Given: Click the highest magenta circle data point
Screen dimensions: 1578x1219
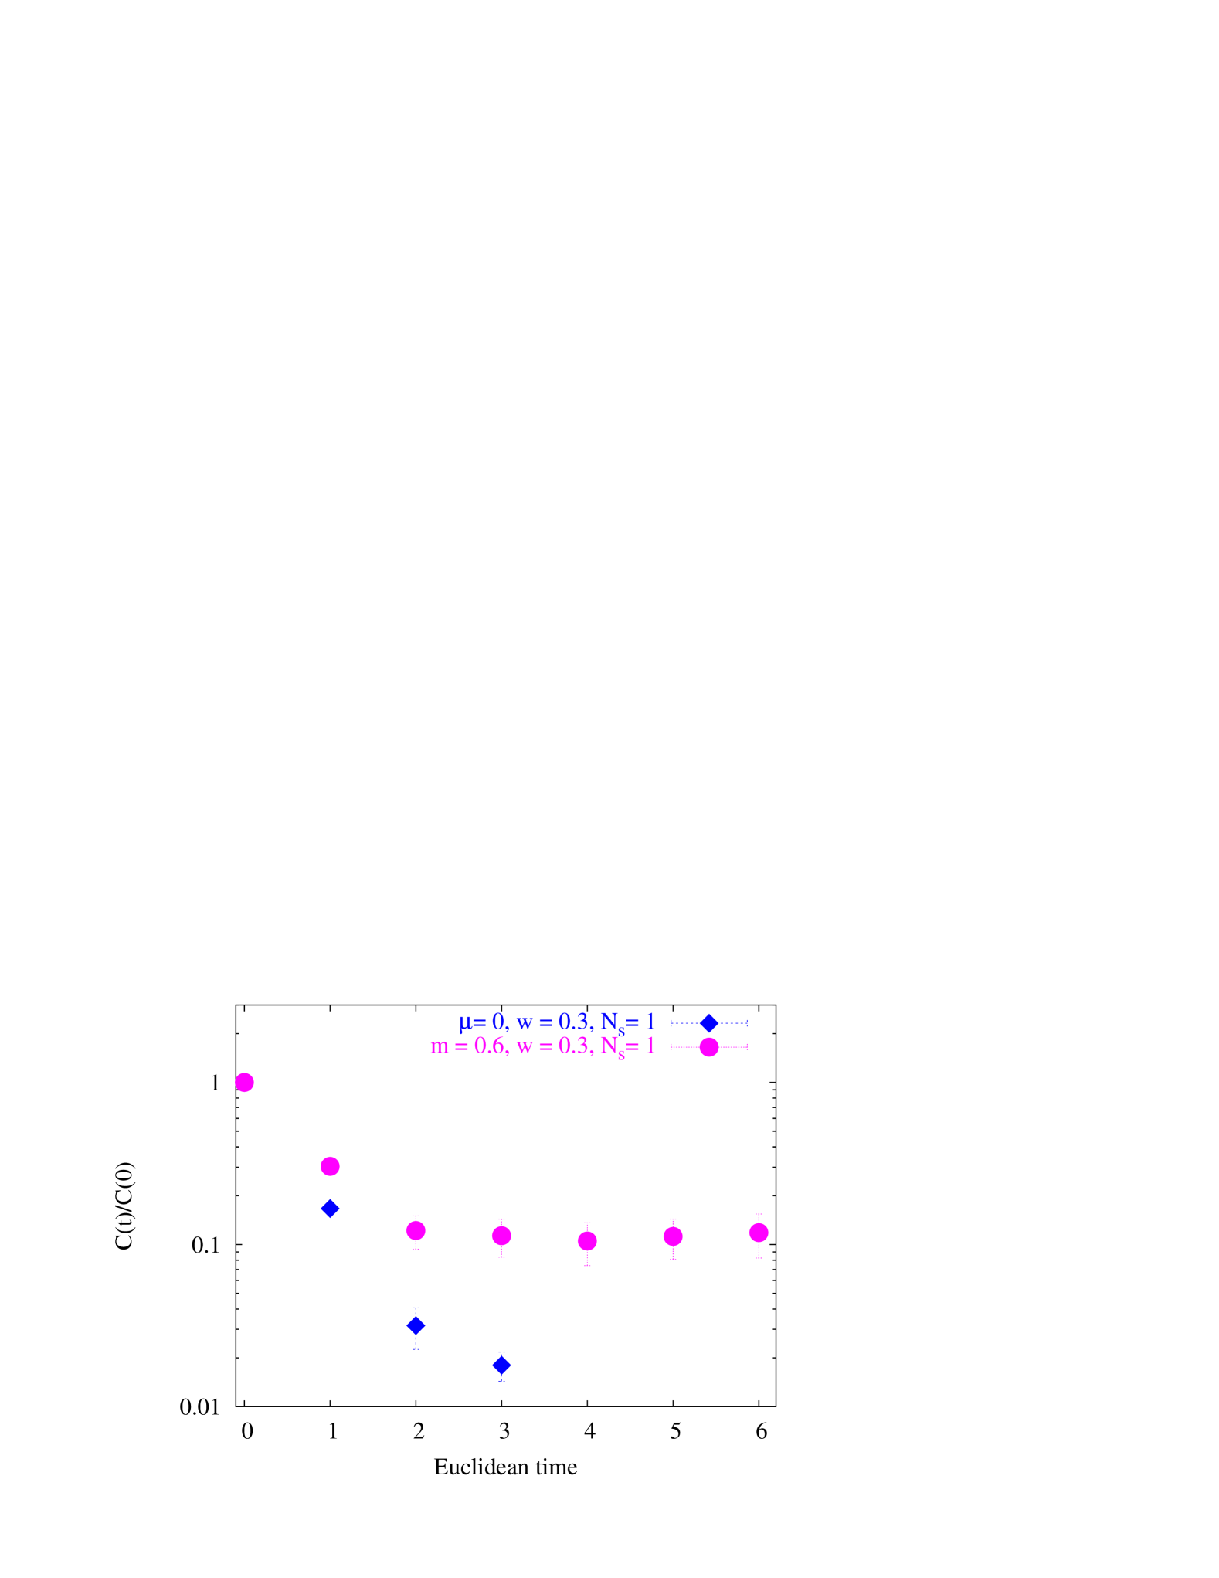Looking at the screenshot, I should (244, 1083).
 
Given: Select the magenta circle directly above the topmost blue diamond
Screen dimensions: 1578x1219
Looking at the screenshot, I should (330, 1166).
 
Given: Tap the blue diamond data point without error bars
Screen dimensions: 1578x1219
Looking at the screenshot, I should (330, 1208).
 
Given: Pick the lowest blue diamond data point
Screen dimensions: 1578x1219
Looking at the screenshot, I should (501, 1365).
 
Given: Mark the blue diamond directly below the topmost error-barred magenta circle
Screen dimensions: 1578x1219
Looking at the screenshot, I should (416, 1326).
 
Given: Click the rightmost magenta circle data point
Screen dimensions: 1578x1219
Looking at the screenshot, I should (759, 1233).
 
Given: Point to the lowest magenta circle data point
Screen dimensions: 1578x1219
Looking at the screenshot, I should (587, 1241).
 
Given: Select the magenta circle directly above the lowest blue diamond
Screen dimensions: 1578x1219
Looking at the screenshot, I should (501, 1236).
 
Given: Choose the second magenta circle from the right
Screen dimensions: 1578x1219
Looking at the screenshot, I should (673, 1236).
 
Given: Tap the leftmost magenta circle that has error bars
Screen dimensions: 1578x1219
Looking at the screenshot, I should (416, 1230).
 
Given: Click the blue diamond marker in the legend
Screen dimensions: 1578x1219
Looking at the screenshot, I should (709, 1023).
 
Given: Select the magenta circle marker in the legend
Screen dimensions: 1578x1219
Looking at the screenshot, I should (709, 1047).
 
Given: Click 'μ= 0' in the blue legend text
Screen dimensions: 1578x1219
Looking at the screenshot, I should (483, 1022).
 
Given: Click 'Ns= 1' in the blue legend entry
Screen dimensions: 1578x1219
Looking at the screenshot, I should (627, 1023).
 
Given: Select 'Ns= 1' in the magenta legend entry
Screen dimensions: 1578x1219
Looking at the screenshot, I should (627, 1047).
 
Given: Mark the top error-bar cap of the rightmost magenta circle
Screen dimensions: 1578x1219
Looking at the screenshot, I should (759, 1215).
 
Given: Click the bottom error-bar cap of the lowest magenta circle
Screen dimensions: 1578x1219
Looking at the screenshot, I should (587, 1266).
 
